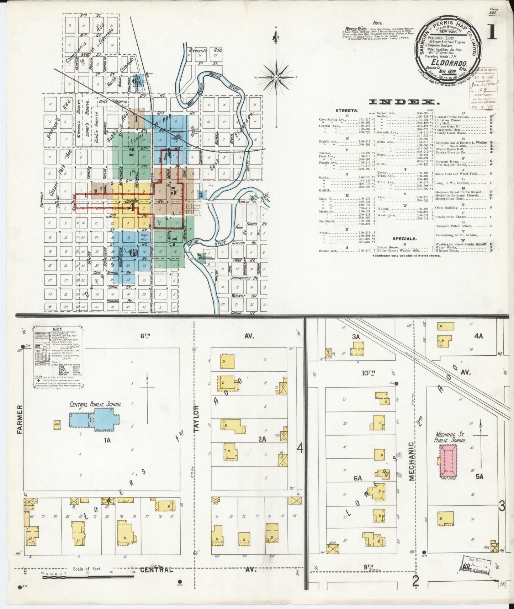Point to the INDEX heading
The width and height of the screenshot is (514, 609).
404,102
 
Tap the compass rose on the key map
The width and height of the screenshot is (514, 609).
276,77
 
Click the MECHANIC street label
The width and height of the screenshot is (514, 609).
412,461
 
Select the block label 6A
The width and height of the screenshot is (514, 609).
357,478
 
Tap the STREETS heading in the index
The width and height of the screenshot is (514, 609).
347,111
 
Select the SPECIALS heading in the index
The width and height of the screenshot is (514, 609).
404,239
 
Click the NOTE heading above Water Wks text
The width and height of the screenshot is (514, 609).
378,23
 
